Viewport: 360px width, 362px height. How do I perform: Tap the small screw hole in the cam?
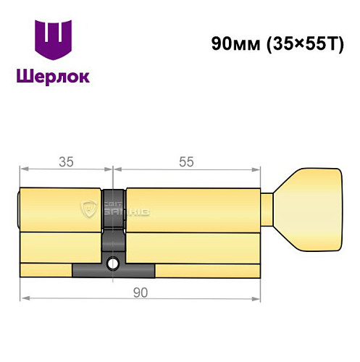click(x=112, y=264)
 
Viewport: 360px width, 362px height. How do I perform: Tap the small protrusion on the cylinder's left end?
click(x=19, y=210)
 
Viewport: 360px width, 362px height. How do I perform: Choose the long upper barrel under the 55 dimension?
click(x=192, y=210)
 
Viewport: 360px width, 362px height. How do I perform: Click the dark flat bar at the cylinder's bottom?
click(x=113, y=271)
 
